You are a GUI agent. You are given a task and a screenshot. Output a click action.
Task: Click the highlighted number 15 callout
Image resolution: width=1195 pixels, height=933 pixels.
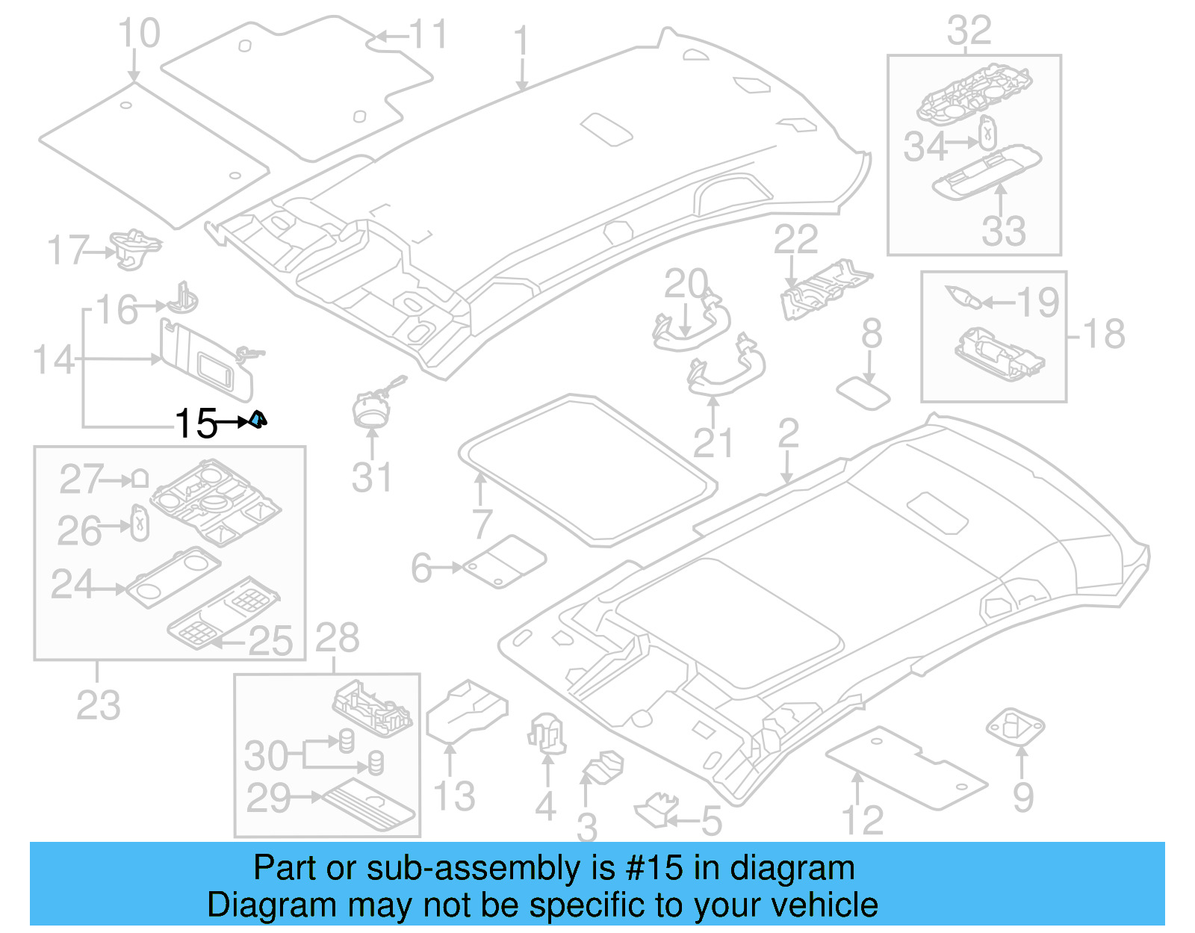tap(196, 424)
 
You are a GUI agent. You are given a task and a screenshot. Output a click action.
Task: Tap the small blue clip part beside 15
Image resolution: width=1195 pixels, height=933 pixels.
tap(258, 421)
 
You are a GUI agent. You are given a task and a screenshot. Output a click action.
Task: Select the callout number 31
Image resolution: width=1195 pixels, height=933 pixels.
tap(371, 477)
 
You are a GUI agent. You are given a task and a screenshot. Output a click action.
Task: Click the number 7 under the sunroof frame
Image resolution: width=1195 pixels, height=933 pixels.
tap(482, 523)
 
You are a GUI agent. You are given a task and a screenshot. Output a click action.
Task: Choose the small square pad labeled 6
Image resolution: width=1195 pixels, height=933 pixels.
tap(505, 561)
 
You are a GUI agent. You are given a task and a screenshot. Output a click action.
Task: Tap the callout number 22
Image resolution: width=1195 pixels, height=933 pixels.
tap(795, 240)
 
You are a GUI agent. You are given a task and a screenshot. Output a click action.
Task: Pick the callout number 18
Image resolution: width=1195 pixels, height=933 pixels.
tap(1104, 334)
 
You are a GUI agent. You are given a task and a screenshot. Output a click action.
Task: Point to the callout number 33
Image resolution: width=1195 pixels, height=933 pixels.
tap(1003, 230)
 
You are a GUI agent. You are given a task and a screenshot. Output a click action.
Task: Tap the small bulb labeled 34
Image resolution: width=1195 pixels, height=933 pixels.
tap(988, 134)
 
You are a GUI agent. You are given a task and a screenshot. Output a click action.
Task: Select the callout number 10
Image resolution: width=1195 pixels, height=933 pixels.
tap(139, 34)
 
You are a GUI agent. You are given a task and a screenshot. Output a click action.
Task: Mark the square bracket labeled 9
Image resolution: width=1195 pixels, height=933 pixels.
tap(1015, 726)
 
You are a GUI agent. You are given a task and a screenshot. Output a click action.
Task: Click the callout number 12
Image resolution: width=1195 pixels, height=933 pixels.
tap(862, 819)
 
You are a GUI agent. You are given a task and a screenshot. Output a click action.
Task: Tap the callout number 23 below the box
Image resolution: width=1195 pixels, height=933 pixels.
tap(98, 704)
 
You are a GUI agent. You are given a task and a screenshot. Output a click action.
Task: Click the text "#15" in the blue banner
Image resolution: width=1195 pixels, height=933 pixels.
tap(654, 868)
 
